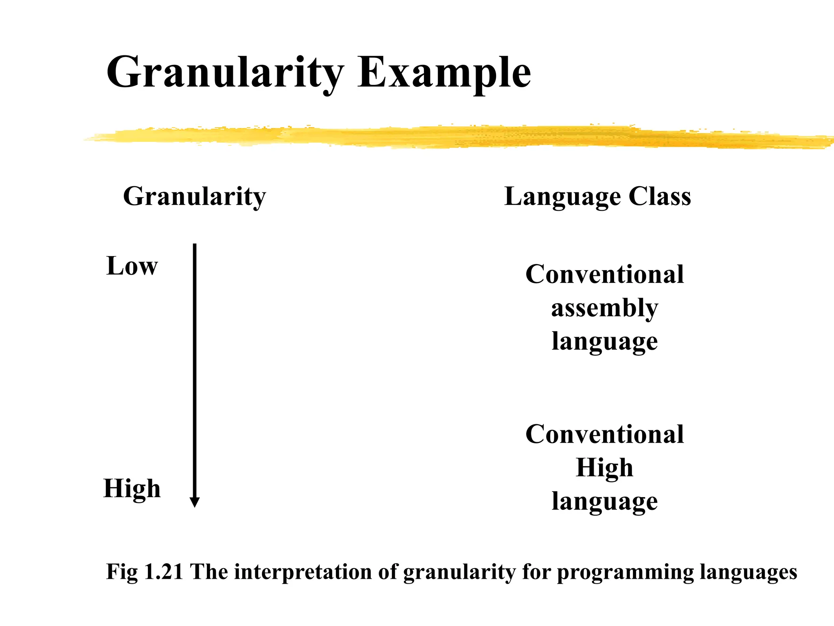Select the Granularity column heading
(194, 197)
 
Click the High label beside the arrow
(132, 488)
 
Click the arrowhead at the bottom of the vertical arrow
(195, 502)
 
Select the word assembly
(604, 309)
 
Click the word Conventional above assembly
(604, 274)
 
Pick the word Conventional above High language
(604, 434)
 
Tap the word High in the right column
(604, 468)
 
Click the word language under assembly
(604, 342)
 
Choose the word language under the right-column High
(604, 502)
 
